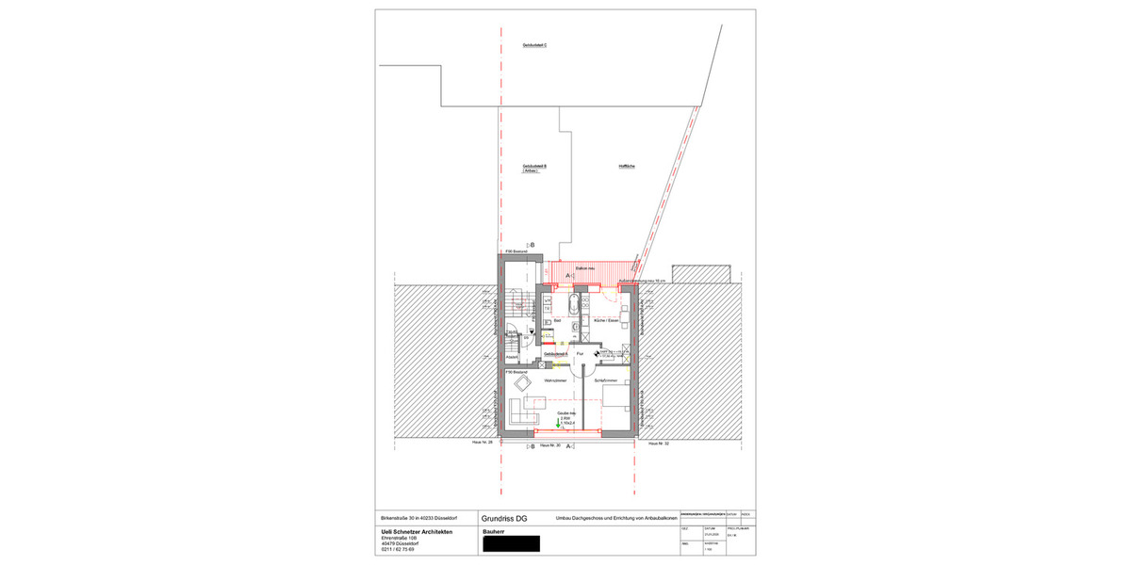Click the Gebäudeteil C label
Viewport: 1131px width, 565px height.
(534, 45)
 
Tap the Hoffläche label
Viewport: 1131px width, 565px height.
(627, 166)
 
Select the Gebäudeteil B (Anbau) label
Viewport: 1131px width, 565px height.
(534, 169)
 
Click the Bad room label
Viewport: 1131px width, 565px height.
(557, 321)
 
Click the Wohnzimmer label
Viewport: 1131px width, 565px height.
(556, 380)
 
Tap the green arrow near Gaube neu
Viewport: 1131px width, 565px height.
(557, 424)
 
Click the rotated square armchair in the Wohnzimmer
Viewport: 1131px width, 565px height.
(534, 382)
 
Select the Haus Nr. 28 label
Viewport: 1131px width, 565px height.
(483, 443)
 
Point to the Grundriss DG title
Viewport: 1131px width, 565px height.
(504, 518)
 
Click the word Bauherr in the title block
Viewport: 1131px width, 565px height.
(494, 532)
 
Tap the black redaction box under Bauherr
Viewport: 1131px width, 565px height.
(511, 543)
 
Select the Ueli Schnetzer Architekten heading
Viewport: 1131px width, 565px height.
(416, 532)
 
